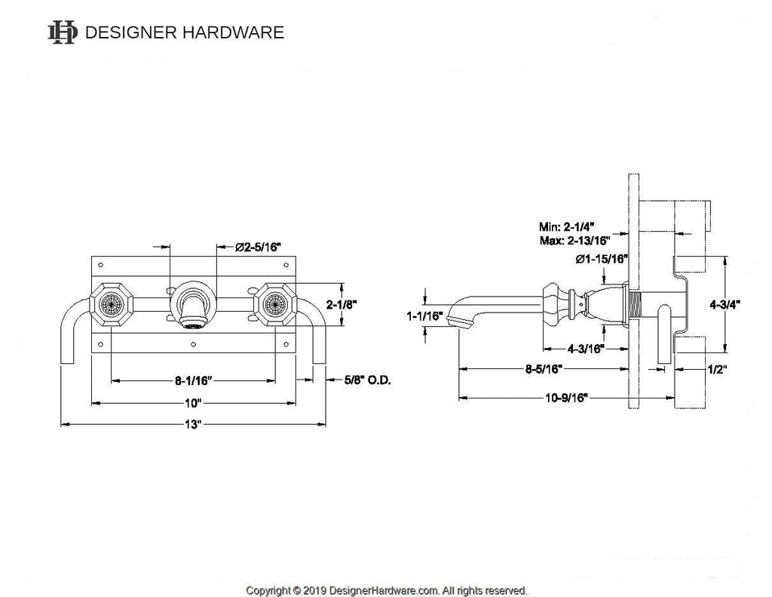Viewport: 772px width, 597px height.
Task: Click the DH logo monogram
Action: (62, 32)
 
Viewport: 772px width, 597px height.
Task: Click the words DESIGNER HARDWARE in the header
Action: (185, 32)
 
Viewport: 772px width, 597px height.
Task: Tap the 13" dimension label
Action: (194, 425)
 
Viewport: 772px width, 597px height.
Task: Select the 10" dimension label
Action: (194, 402)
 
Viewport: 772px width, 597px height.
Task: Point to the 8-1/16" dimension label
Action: (193, 380)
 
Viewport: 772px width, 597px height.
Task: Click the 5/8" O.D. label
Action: (367, 380)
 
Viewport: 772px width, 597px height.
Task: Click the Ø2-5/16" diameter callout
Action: (258, 246)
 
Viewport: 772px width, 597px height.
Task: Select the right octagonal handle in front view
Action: (274, 306)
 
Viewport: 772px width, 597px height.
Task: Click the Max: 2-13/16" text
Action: (574, 241)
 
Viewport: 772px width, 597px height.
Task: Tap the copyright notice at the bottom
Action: (386, 590)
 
